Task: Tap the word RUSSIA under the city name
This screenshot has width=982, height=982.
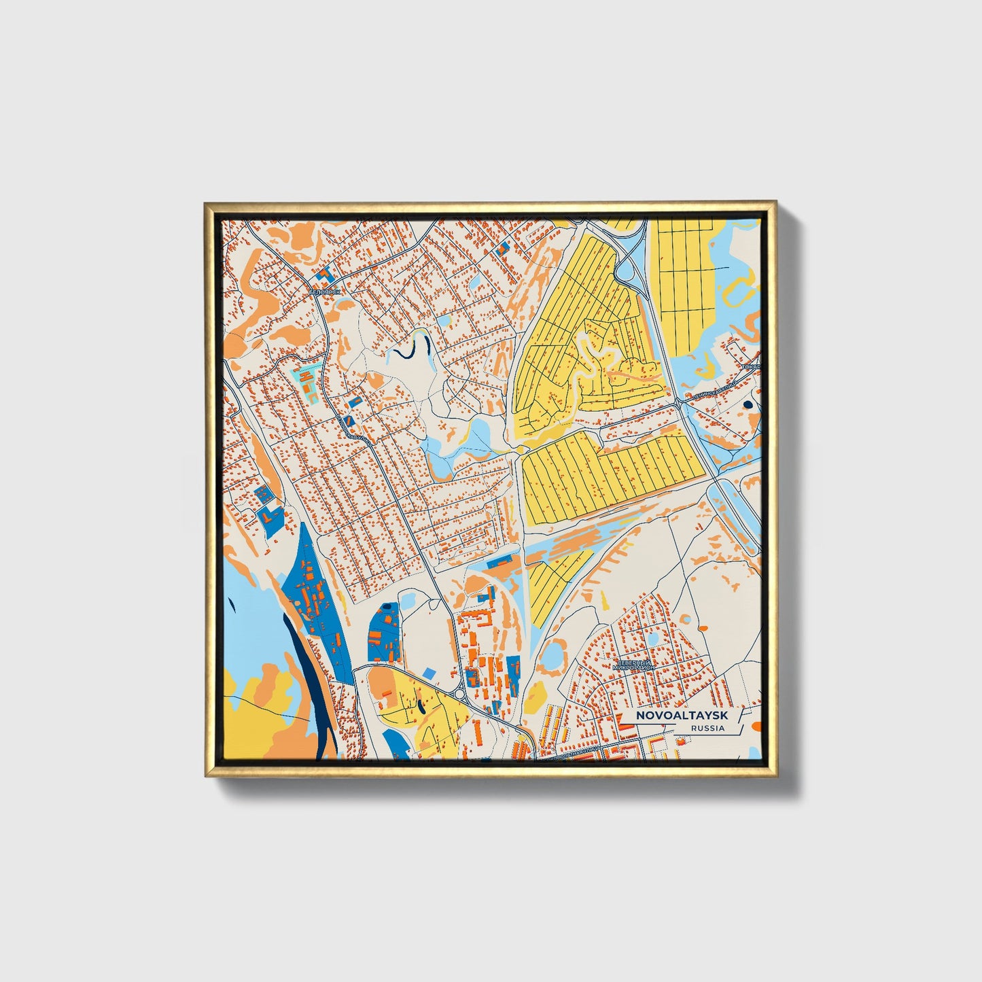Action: click(707, 728)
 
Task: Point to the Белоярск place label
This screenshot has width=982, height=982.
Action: click(323, 292)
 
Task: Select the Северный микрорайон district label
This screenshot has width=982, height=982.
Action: click(633, 665)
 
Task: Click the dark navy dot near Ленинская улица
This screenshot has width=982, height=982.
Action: click(748, 404)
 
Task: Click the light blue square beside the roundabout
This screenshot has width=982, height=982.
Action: click(428, 672)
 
